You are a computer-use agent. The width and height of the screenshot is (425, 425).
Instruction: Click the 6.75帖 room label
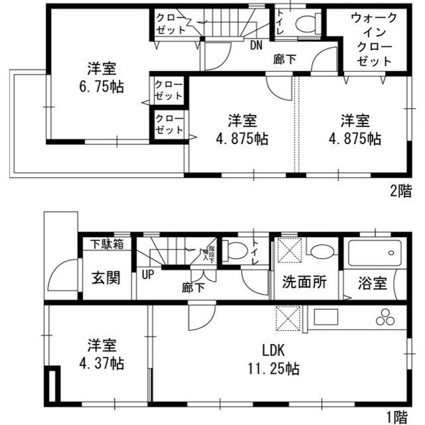point(102,77)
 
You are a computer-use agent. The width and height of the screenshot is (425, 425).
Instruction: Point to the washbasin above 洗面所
point(323,252)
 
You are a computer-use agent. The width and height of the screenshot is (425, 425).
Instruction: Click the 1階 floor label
point(400,417)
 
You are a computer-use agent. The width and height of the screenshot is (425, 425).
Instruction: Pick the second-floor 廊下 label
point(285,58)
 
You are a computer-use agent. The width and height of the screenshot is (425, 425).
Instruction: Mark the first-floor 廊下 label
point(194,289)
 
